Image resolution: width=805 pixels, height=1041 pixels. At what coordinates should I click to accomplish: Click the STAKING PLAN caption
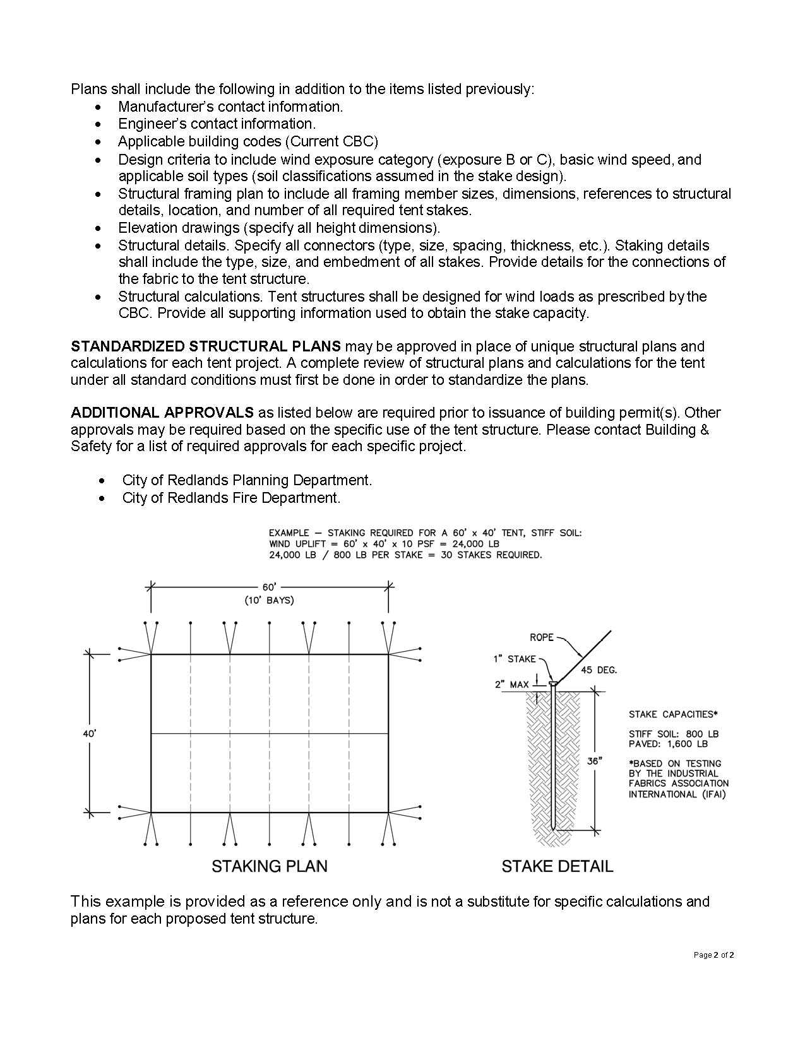(x=269, y=866)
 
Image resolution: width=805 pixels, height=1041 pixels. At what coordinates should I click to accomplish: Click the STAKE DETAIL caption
(x=557, y=866)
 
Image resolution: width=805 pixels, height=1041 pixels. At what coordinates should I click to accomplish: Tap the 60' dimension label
(x=270, y=587)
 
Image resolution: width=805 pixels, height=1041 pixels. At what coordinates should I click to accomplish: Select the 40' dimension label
(x=89, y=734)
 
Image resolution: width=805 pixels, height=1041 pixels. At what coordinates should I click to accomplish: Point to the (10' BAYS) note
(x=270, y=600)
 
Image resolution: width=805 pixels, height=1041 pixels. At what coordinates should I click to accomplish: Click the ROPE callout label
(x=542, y=637)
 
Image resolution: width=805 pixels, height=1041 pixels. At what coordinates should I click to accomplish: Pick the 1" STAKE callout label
(x=515, y=659)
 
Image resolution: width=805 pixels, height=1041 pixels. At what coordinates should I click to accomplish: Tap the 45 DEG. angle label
(x=599, y=670)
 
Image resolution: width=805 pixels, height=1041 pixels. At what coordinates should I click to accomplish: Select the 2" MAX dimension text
(x=512, y=685)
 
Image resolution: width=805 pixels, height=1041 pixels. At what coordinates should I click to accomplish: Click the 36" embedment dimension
(x=593, y=761)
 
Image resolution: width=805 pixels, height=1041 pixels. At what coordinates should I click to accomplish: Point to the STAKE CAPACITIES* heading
(x=673, y=714)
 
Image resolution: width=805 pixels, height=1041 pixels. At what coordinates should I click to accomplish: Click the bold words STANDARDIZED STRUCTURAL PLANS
(x=206, y=346)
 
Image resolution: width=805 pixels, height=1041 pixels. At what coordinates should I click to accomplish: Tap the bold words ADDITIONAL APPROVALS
(x=162, y=413)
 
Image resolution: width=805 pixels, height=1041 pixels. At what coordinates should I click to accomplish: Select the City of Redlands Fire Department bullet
(x=231, y=498)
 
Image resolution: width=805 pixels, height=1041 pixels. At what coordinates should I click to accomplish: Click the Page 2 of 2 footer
(x=713, y=955)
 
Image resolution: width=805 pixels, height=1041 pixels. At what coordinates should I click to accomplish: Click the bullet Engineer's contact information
(x=217, y=124)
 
